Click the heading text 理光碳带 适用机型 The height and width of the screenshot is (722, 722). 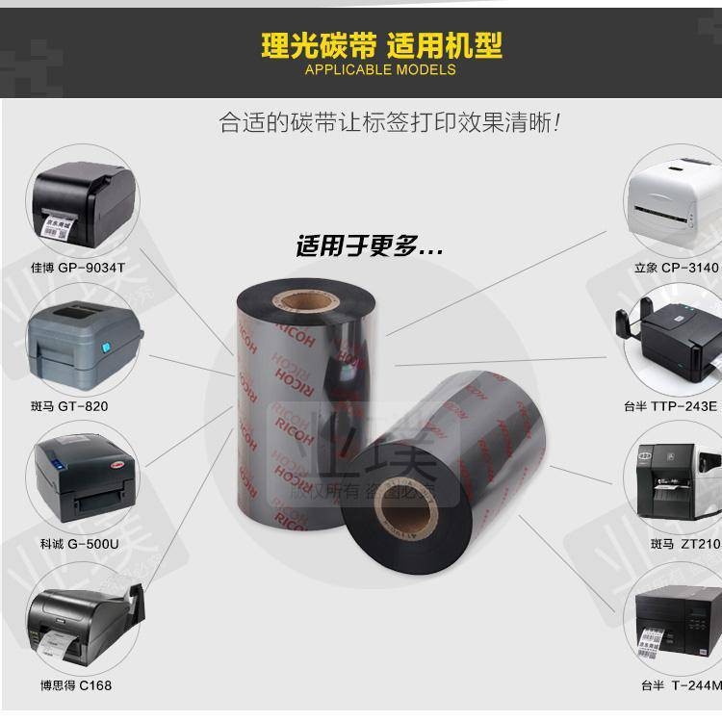(380, 45)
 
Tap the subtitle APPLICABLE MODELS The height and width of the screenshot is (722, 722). (380, 69)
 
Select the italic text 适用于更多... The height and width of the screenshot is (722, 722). (369, 246)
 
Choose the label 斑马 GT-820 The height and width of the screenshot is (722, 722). (69, 405)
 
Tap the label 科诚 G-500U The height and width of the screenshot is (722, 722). (79, 543)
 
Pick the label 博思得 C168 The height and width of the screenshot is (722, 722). (76, 684)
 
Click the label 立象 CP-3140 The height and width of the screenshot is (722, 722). (675, 268)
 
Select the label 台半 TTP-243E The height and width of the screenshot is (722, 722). (670, 405)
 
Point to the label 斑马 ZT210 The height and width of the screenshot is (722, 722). (684, 544)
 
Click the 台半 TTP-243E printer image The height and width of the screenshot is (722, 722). (674, 344)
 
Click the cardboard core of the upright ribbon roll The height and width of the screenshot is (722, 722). (310, 300)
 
